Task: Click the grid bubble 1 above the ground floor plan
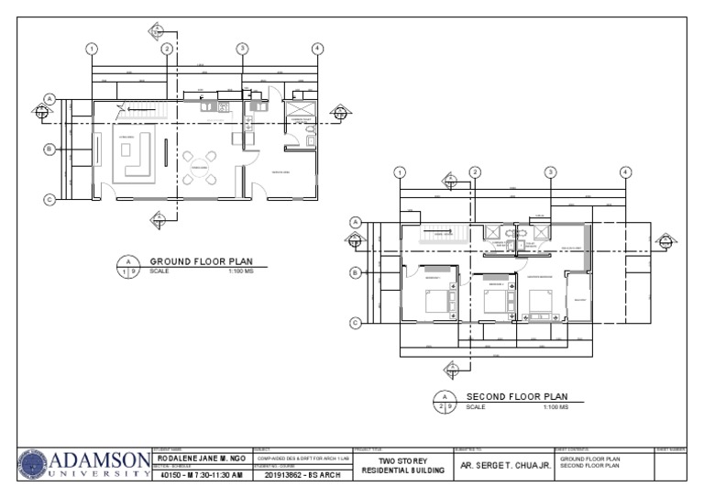92,49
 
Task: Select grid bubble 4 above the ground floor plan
317,49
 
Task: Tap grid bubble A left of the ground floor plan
50,98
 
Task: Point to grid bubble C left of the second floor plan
356,322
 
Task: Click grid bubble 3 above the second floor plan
550,172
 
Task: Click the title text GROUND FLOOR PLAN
201,261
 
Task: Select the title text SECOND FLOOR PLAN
517,396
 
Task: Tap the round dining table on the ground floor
197,169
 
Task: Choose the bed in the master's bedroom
542,303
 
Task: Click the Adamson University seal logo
30,465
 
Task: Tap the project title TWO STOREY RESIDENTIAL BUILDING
402,464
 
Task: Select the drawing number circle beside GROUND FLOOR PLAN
127,267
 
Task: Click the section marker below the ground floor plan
158,219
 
